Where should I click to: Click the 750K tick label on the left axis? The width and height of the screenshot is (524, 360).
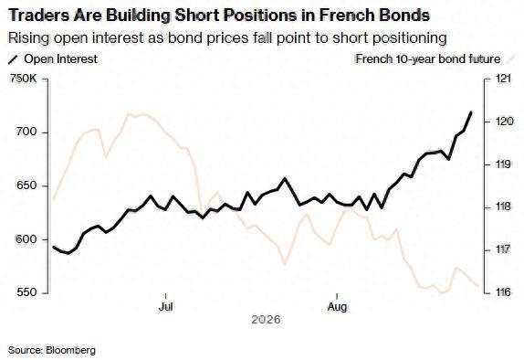(x=23, y=79)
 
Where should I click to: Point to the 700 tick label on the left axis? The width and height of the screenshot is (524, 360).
(x=26, y=132)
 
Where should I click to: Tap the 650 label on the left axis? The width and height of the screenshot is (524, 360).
(x=26, y=185)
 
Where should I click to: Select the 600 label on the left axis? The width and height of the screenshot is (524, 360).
(x=26, y=239)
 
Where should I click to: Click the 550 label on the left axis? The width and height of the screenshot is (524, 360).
(x=26, y=292)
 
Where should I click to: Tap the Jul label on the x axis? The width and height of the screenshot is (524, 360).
(x=166, y=306)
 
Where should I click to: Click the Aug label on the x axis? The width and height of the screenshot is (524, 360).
(x=337, y=306)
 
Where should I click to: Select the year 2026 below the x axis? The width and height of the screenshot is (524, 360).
(x=266, y=320)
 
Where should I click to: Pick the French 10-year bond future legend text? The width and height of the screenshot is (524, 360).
(x=428, y=59)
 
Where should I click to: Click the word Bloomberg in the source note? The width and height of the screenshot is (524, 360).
(x=71, y=350)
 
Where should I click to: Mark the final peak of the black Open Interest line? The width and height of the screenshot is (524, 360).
(x=471, y=112)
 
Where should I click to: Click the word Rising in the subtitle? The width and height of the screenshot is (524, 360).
(x=28, y=37)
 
